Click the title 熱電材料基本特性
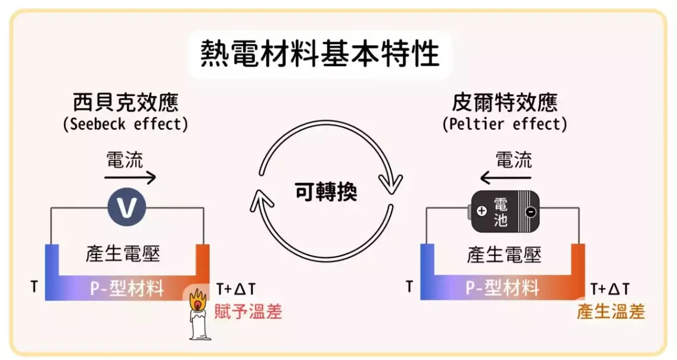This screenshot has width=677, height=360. pos(320,54)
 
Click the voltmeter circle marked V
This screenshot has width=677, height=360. pos(126,208)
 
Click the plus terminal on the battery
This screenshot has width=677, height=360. pos(482,210)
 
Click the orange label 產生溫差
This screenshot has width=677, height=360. pos(611,312)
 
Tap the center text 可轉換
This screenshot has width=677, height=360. pos(325,192)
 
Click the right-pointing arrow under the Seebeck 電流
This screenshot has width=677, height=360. pos(130,177)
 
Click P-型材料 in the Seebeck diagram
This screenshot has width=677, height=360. pos(127,288)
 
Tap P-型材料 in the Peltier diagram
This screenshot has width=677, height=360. pos(502,288)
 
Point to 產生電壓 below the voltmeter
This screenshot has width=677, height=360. pos(125,255)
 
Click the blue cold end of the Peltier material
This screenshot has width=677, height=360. pos(427,271)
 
